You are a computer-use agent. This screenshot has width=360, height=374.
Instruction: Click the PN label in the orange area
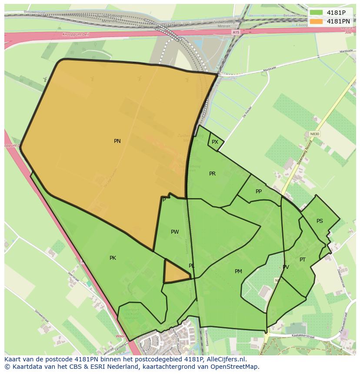[x=117, y=141]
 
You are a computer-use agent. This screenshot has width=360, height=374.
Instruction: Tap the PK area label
[x=113, y=258]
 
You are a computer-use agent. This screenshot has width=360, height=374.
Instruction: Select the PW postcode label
[x=175, y=232]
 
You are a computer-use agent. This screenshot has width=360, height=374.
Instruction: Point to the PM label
[x=238, y=271]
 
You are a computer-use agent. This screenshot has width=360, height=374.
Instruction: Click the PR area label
[x=212, y=174]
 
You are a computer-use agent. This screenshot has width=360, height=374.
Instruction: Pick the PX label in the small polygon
[x=215, y=142]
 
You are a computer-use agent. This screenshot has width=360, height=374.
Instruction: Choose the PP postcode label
[x=259, y=192]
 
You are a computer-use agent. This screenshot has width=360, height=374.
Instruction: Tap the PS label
[x=320, y=221]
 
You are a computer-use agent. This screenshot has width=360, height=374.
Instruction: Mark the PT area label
[x=303, y=260]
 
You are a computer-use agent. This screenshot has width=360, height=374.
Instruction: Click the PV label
[x=286, y=267]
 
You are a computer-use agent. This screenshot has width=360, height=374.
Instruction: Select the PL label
[x=192, y=266]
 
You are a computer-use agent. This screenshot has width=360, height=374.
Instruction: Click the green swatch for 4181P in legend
[x=317, y=13]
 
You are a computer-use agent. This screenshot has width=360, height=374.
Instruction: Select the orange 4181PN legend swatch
[x=317, y=21]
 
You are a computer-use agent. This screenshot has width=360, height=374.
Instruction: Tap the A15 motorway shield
[x=236, y=33]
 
